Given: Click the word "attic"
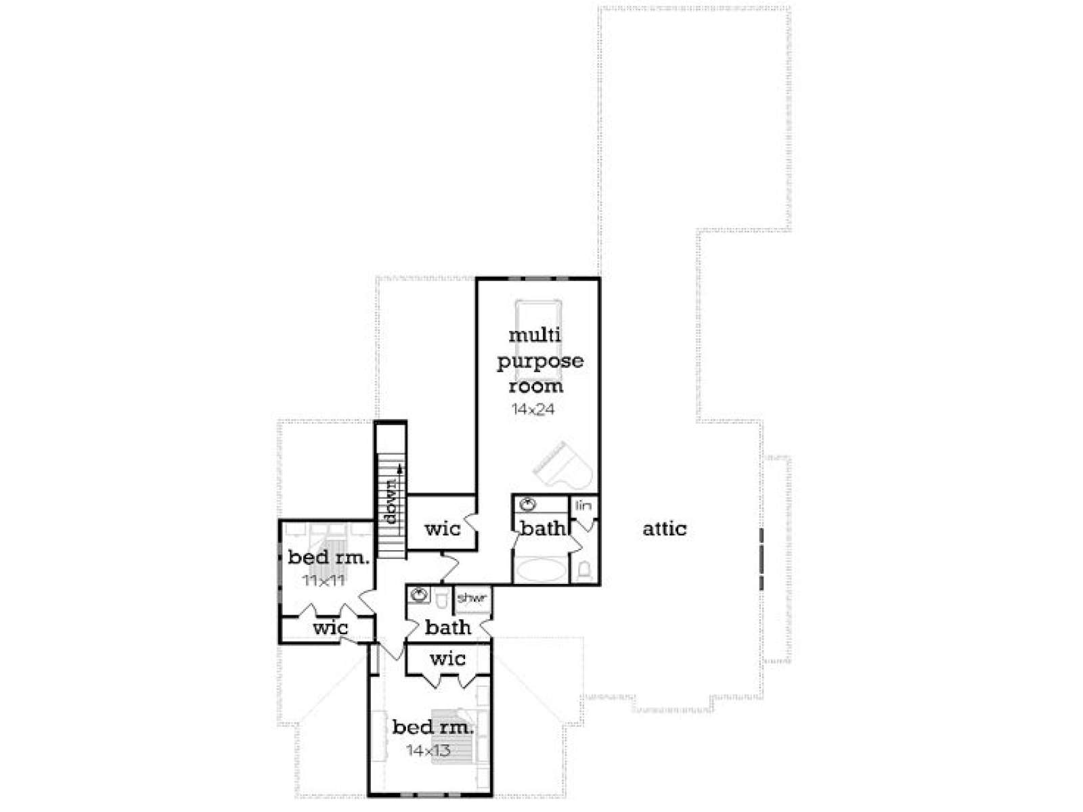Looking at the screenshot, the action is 664,528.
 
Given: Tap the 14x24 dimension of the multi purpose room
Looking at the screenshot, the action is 533,409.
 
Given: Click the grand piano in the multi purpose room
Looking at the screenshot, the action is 560,465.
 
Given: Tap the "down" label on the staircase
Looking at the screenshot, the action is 391,501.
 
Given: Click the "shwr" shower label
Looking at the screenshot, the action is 472,598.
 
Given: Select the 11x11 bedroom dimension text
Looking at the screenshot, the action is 323,581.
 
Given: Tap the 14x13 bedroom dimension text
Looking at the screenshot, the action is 428,750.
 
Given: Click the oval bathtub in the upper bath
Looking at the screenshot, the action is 541,570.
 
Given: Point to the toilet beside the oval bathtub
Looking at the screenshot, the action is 584,570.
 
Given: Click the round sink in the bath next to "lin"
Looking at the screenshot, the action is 529,504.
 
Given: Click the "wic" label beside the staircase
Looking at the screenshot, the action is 443,529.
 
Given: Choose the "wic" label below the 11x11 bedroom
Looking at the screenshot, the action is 330,628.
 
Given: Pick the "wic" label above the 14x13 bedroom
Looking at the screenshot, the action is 447,658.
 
